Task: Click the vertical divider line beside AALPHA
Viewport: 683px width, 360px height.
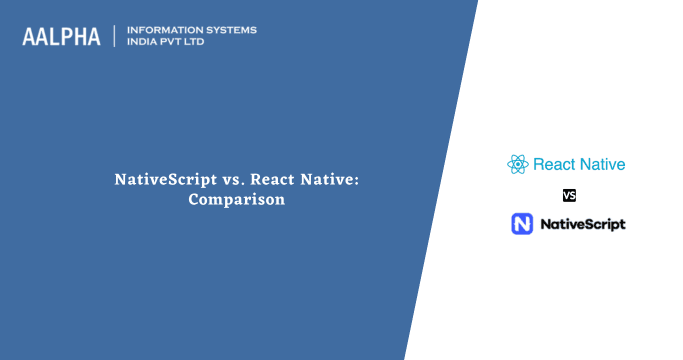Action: point(115,36)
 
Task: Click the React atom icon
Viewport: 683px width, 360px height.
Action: point(517,164)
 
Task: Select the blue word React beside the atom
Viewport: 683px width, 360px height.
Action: point(555,164)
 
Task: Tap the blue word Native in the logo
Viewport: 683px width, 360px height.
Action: point(603,164)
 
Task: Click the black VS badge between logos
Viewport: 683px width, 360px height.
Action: point(569,195)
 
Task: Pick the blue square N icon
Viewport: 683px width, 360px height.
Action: point(522,224)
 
